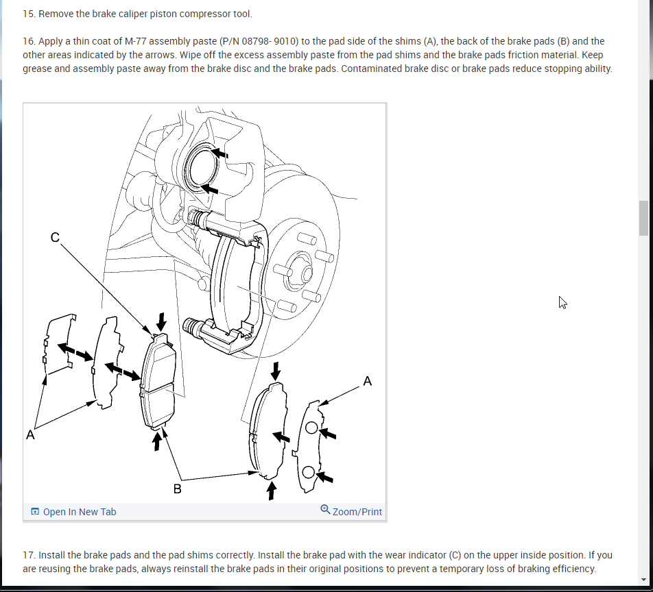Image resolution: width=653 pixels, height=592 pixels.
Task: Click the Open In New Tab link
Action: tap(79, 512)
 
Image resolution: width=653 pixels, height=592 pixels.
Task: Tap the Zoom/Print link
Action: tap(357, 512)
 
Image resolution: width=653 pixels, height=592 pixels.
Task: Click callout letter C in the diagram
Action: tap(55, 237)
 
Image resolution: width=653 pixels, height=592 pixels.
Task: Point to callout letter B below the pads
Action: tap(177, 489)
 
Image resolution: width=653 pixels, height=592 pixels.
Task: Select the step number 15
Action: tap(28, 14)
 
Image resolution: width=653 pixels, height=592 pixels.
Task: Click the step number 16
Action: tap(28, 41)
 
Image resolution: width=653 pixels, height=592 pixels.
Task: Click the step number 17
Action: tap(28, 555)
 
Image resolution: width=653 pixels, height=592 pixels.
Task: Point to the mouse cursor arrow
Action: tap(562, 302)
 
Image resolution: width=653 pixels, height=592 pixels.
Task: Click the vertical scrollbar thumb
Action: tap(643, 218)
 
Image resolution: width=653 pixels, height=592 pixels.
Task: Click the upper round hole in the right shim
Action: tap(311, 428)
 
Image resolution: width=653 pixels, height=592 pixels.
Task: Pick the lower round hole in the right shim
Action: tap(309, 471)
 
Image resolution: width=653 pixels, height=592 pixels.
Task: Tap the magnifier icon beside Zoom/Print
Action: tap(325, 510)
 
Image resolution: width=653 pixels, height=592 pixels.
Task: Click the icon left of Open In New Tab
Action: tap(34, 512)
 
